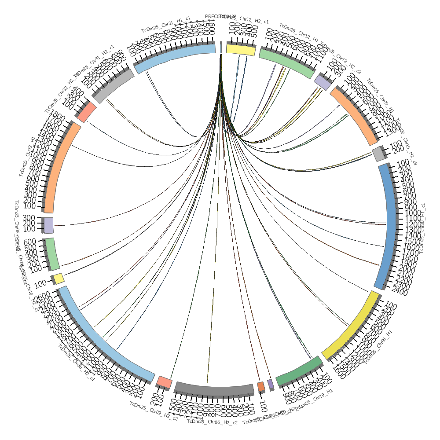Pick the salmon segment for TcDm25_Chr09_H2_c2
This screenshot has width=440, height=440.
(165, 381)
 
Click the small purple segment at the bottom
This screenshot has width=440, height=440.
(270, 384)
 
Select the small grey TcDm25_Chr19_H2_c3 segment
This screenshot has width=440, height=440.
(378, 154)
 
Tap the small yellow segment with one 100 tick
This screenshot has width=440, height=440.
(59, 278)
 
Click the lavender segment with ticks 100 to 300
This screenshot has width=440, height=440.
(48, 225)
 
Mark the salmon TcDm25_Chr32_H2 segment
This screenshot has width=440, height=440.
(87, 112)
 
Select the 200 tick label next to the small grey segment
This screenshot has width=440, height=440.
(397, 150)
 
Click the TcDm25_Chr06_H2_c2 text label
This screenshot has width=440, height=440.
(212, 422)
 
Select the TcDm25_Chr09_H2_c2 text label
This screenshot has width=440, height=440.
(154, 411)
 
